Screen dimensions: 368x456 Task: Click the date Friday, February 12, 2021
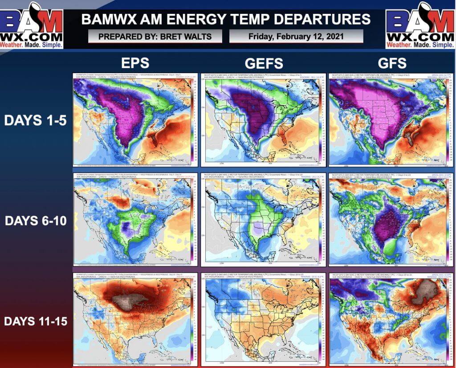[296, 36]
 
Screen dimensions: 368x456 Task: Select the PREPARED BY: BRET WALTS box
[155, 36]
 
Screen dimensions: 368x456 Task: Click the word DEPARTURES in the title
[310, 19]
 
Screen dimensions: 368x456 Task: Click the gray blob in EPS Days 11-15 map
[129, 303]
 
